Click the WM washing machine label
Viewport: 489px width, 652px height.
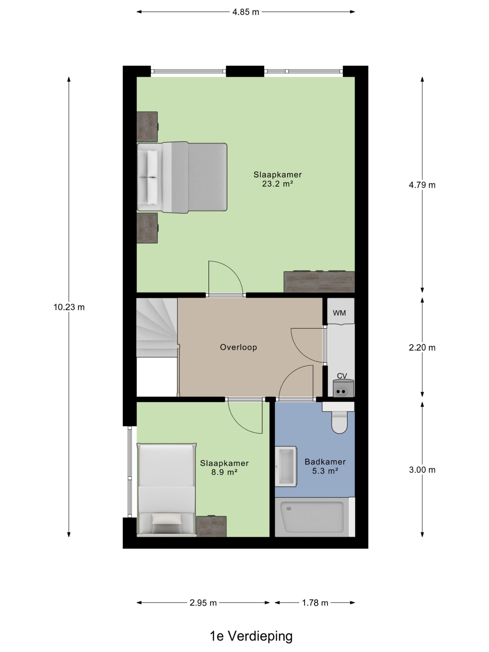339,313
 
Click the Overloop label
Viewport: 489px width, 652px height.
238,347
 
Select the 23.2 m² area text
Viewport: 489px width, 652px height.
277,184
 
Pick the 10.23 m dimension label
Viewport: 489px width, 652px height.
69,307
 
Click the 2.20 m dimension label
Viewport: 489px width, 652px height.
422,348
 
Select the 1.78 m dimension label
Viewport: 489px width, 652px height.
315,603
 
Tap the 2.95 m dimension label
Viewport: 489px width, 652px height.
203,603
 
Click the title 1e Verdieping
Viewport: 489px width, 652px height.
251,636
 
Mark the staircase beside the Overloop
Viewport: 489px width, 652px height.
157,328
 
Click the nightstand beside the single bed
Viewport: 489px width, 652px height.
211,526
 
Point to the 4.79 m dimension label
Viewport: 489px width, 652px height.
422,185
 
